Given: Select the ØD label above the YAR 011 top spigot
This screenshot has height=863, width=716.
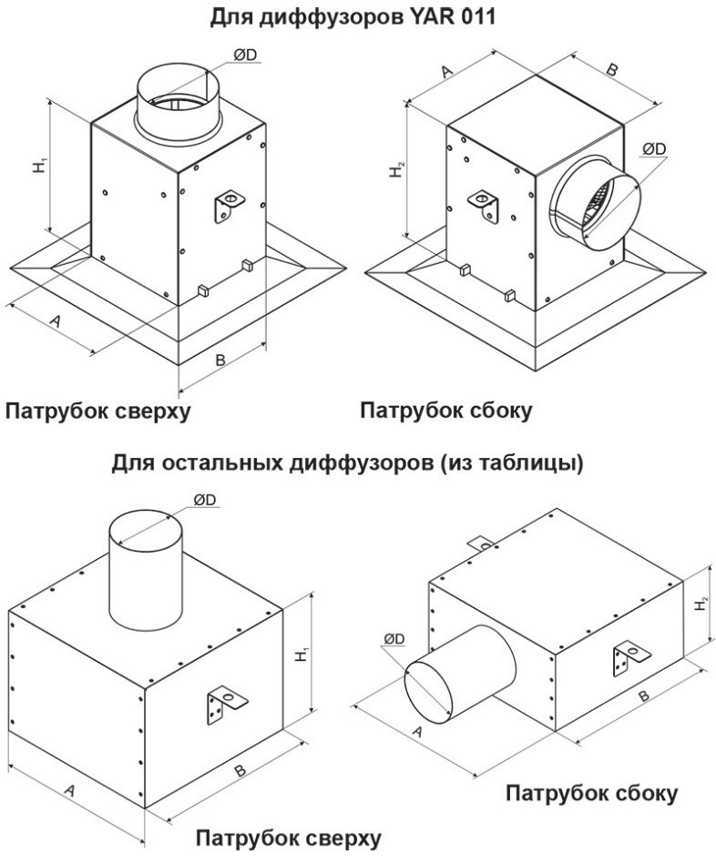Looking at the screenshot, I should pos(246,56).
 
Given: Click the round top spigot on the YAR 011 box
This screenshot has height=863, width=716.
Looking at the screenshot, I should pos(179,105).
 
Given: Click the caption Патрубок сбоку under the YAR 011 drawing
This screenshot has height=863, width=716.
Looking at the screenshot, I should pos(445,411).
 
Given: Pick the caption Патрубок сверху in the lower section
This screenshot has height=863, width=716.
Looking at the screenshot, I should pos(289,838).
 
